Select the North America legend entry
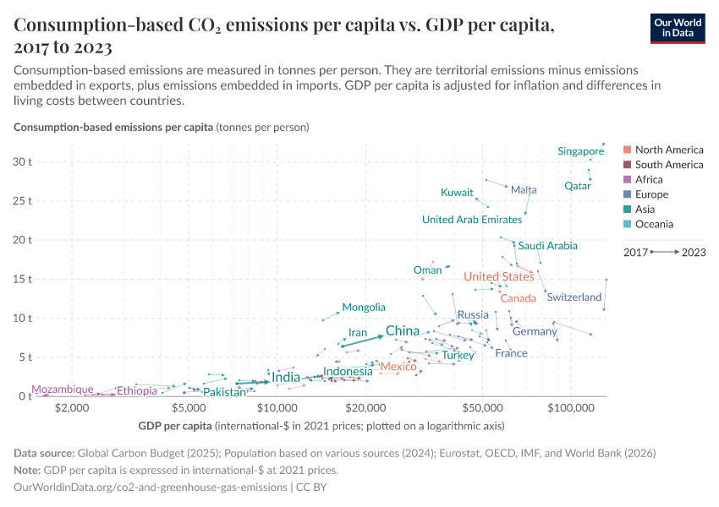(x=668, y=150)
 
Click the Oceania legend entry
(x=654, y=224)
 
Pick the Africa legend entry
(x=649, y=179)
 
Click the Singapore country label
(x=580, y=151)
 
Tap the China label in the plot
(x=403, y=330)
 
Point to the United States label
(x=498, y=276)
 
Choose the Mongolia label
(x=364, y=308)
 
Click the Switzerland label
(x=574, y=297)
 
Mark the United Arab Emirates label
(x=472, y=220)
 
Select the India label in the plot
(x=286, y=377)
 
